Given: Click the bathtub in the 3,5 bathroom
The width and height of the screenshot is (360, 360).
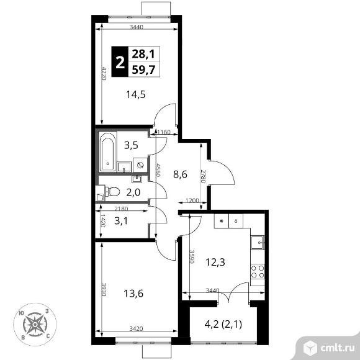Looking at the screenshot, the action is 107,151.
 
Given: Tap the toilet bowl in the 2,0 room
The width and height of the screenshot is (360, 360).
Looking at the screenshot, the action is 112,191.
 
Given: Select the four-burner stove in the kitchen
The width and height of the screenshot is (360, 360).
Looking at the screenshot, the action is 258,272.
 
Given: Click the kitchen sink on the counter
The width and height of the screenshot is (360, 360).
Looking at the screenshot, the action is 258,243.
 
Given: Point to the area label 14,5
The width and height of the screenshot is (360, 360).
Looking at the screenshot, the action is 136,94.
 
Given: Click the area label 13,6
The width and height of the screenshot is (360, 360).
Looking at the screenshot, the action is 133,294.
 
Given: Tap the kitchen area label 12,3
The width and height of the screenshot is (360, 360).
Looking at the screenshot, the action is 215,262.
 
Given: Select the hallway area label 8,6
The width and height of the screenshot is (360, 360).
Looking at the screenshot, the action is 180,174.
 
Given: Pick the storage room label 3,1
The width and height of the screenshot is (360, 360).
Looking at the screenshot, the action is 121,221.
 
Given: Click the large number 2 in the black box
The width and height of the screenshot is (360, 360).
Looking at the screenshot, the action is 120,62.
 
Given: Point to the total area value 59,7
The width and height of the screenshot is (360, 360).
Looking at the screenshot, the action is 144,70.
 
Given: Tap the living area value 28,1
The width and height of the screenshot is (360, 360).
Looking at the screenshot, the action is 144,54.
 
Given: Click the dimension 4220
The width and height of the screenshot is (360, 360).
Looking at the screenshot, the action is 104,73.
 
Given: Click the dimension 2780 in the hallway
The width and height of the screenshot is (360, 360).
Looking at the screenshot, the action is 203,176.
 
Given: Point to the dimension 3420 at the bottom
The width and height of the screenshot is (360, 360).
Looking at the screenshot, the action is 137,329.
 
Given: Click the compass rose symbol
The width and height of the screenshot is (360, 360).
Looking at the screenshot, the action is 35,325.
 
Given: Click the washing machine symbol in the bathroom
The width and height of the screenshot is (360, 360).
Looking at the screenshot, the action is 140,165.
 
